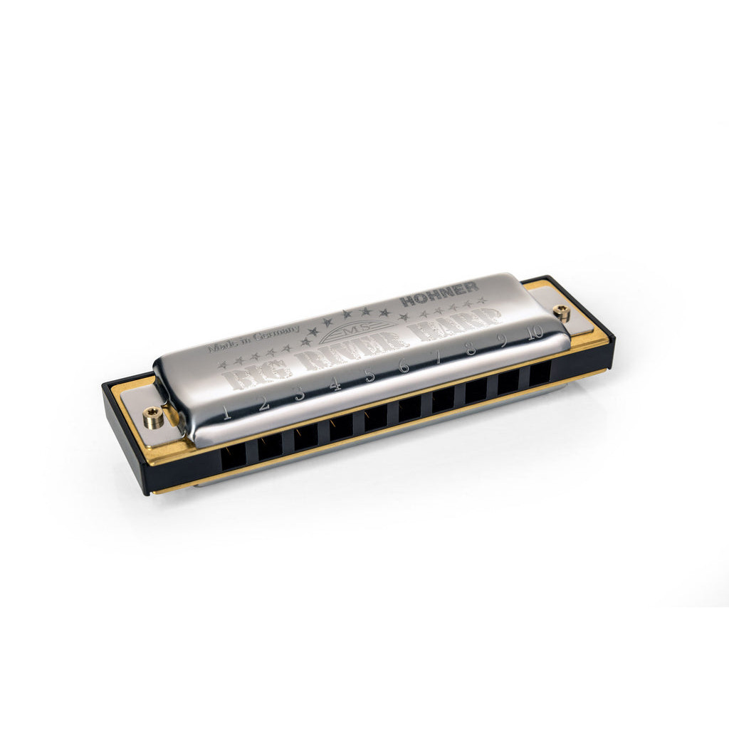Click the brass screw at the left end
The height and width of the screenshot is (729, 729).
click(x=152, y=416)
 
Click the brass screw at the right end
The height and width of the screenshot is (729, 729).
click(x=562, y=311)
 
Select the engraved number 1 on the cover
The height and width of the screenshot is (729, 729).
click(x=227, y=412)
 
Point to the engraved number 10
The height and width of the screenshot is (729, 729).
click(x=535, y=332)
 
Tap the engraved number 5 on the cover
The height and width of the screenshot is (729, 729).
click(x=369, y=375)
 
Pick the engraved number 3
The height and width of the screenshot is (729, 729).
click(x=300, y=394)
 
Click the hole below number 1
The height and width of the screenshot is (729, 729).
click(x=234, y=456)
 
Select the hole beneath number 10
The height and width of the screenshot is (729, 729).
click(x=540, y=372)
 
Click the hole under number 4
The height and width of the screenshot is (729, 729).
click(x=340, y=427)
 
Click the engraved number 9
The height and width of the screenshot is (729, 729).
click(x=503, y=340)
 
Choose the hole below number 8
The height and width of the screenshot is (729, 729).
click(x=475, y=390)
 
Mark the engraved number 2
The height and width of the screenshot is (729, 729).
click(x=263, y=403)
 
